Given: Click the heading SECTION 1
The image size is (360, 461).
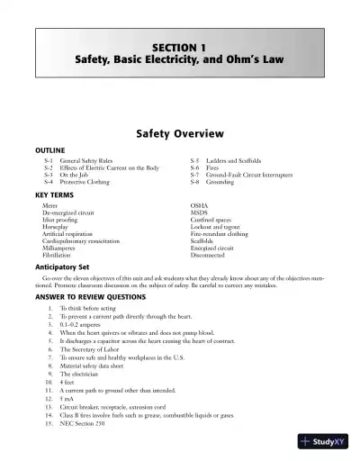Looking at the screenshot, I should [x=179, y=45].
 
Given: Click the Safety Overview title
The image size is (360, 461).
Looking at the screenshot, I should [x=179, y=134].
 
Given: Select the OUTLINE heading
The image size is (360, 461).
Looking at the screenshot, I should [x=50, y=151].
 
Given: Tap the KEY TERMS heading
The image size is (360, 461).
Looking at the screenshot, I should [x=55, y=195].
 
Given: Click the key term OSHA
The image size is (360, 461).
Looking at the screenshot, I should [x=200, y=205].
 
